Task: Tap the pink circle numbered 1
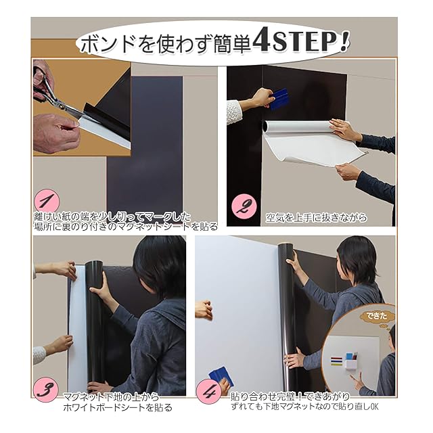coord(47,202)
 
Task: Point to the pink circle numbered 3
coord(45,390)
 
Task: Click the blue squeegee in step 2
coord(279,99)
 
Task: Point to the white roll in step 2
coord(298,127)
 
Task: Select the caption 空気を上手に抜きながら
coord(316,218)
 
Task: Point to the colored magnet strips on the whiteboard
coord(336,361)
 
